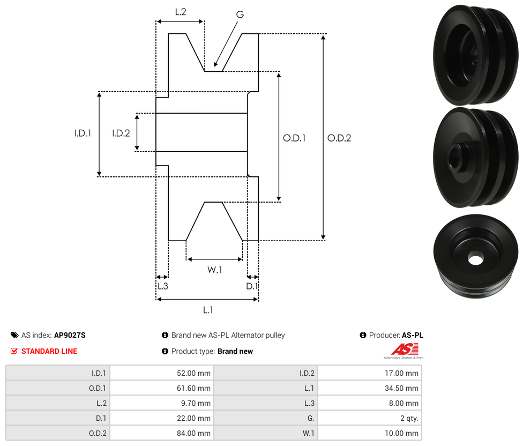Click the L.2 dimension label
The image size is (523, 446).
(x=180, y=11)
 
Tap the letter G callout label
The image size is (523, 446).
(x=240, y=14)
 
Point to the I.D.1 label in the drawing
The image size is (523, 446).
(x=83, y=133)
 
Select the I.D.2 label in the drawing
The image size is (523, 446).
(x=121, y=133)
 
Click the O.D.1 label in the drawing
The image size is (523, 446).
(x=294, y=138)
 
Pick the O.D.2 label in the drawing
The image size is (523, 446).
(x=339, y=138)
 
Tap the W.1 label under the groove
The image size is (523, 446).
(x=214, y=270)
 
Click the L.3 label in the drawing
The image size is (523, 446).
(x=162, y=286)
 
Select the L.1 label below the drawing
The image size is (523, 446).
(x=208, y=310)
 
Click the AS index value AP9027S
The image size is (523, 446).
(x=70, y=336)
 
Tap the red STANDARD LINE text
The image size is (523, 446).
(x=49, y=352)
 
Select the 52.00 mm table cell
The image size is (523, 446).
(x=161, y=373)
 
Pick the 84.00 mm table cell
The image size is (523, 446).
(x=161, y=433)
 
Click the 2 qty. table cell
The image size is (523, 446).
(x=369, y=418)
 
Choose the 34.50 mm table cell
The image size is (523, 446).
(x=369, y=388)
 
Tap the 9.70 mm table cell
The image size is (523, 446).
(x=161, y=403)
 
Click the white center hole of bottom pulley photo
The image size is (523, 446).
(x=475, y=259)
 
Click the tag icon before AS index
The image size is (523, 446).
(x=14, y=336)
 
